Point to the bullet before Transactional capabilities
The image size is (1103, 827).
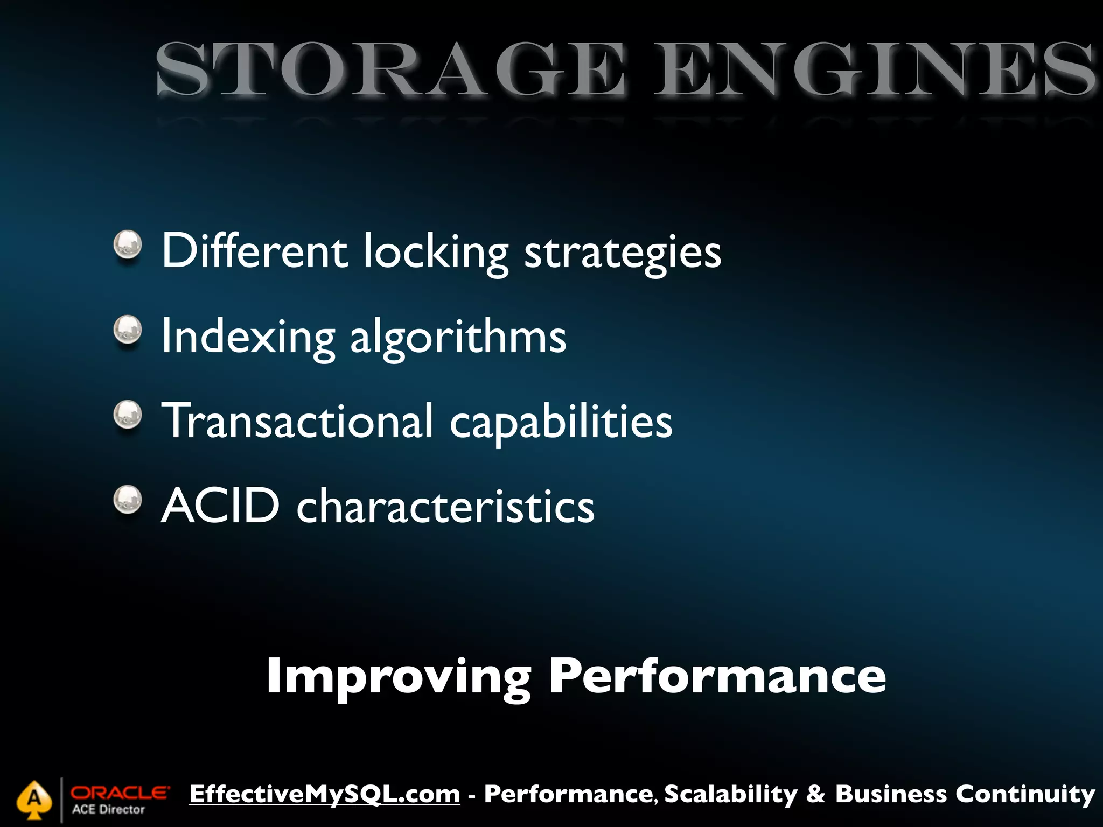click(x=128, y=415)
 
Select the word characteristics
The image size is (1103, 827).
click(x=445, y=506)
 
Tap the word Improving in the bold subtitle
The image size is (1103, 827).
click(x=399, y=677)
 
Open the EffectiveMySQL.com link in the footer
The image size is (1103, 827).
click(x=325, y=794)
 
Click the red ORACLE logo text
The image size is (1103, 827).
click(x=120, y=793)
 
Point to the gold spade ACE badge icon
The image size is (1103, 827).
click(x=34, y=800)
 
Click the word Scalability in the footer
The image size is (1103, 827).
click(x=731, y=795)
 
